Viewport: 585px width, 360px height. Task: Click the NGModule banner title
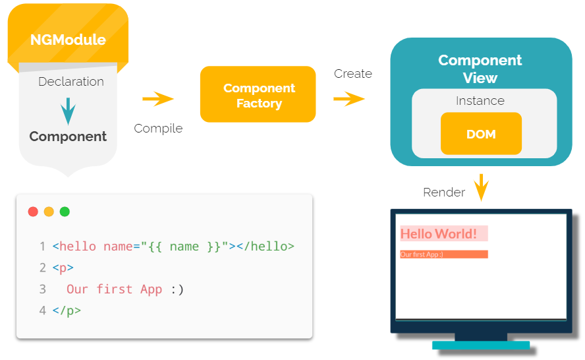68,40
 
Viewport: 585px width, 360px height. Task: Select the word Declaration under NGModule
71,82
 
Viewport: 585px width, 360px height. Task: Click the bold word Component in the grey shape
68,136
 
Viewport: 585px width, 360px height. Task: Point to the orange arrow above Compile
158,100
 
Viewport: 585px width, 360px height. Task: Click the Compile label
158,128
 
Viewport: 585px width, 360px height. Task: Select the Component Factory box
258,95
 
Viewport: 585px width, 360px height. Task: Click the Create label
352,74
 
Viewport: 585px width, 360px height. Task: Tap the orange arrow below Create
349,100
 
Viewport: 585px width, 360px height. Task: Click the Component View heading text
480,69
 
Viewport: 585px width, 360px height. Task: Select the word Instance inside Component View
480,101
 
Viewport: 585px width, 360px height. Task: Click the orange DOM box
481,134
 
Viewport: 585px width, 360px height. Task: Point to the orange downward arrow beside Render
482,187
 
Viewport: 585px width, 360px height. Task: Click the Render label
444,193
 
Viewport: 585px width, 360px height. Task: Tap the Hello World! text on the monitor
439,233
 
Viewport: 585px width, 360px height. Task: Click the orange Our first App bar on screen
443,255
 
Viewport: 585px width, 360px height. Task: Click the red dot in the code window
33,212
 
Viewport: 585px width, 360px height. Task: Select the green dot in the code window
65,212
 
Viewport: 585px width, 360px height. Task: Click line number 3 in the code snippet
42,289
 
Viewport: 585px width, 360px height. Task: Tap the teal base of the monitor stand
481,345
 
